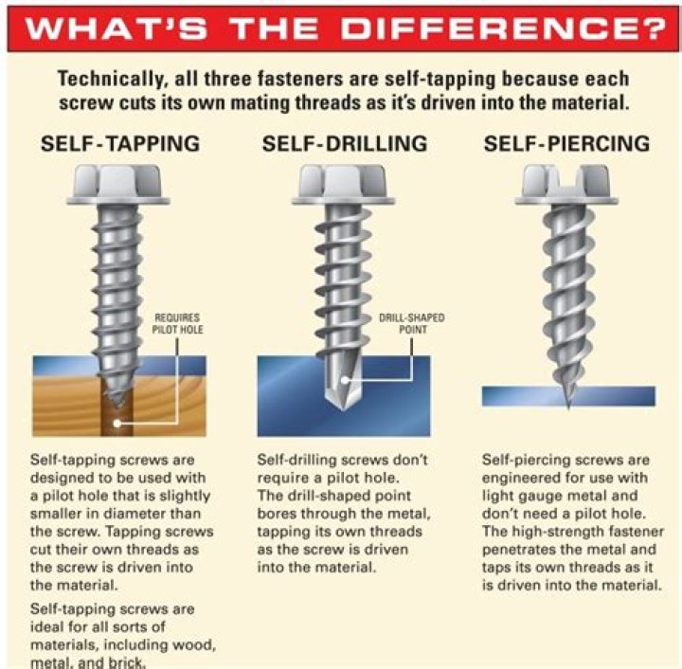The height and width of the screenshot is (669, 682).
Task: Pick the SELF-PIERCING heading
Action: [x=566, y=144]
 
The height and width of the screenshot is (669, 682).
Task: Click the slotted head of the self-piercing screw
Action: [x=567, y=186]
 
